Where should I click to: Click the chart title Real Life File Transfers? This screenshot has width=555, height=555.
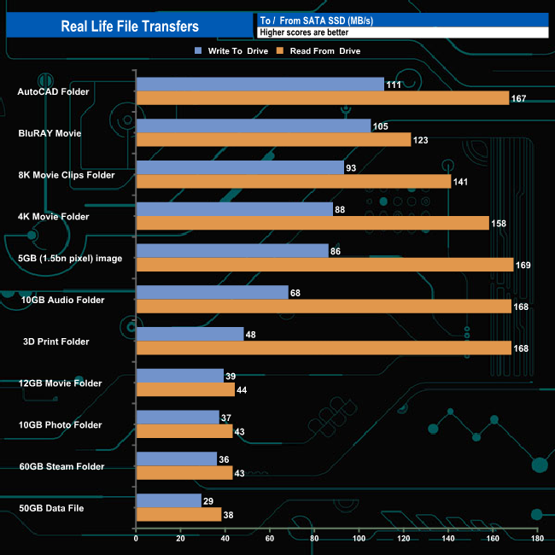[x=130, y=26]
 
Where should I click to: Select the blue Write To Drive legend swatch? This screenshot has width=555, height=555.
[x=199, y=50]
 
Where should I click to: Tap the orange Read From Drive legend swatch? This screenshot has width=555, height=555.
[x=277, y=50]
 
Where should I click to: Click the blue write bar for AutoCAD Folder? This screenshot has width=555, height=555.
[x=260, y=84]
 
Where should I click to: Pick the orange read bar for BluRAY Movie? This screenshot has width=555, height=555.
[x=273, y=140]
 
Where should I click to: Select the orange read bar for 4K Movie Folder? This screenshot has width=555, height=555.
[x=313, y=223]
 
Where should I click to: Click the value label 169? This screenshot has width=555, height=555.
[x=523, y=265]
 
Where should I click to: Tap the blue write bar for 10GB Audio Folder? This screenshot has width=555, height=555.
[x=212, y=293]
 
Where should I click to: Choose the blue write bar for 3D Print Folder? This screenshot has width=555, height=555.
[x=190, y=335]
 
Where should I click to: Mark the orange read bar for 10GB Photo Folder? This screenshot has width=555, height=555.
[x=184, y=431]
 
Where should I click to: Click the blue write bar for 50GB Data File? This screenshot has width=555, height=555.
[x=168, y=501]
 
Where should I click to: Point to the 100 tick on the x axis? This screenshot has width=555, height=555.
[x=359, y=538]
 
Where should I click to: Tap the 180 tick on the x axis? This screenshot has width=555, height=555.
[x=536, y=538]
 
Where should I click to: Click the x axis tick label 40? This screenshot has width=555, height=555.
[x=225, y=538]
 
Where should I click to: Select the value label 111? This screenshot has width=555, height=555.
[x=394, y=85]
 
